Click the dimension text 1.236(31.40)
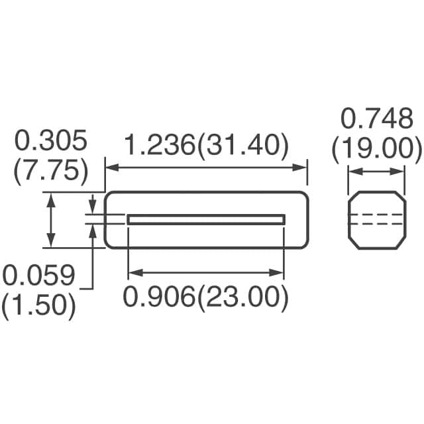(x=207, y=146)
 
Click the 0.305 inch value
(x=51, y=140)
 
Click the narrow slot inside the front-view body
(x=206, y=219)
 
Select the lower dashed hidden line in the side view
(x=376, y=224)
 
